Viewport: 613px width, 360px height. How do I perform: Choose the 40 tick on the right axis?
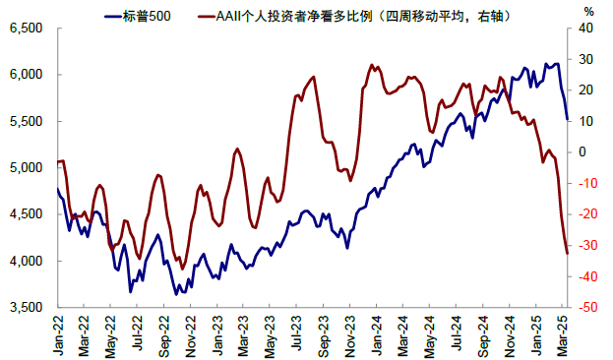point(584,29)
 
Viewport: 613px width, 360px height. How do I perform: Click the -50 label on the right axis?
point(587,308)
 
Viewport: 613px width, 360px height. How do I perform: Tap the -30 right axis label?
point(587,246)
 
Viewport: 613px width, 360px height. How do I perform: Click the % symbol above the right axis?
point(588,11)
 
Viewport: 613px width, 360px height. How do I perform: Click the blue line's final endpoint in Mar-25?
point(567,120)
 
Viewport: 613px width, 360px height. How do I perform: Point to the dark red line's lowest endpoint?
point(568,254)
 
